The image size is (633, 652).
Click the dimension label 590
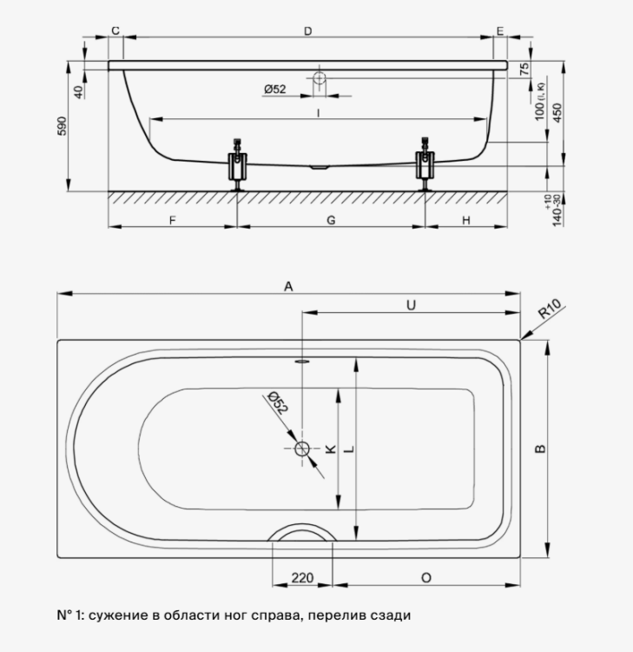coord(62,126)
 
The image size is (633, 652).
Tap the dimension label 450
coord(557,112)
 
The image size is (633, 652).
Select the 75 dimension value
coord(525,69)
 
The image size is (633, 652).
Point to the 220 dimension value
coord(302,578)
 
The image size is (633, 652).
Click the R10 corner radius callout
coord(550,309)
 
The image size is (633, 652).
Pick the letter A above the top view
coord(288,287)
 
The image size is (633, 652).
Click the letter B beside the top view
coord(540,449)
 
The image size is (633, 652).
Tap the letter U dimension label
coord(411,305)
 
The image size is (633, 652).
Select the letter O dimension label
coord(426,578)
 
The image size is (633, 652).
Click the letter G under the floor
coord(331,220)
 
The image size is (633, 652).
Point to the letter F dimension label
coord(173,220)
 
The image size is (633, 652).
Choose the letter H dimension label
coord(466,220)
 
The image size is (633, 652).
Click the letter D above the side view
coord(307,31)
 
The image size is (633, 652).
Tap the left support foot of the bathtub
coord(238,164)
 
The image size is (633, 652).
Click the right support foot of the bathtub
coord(425,164)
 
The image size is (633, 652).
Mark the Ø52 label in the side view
coord(275,89)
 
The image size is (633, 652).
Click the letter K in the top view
coord(330,449)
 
